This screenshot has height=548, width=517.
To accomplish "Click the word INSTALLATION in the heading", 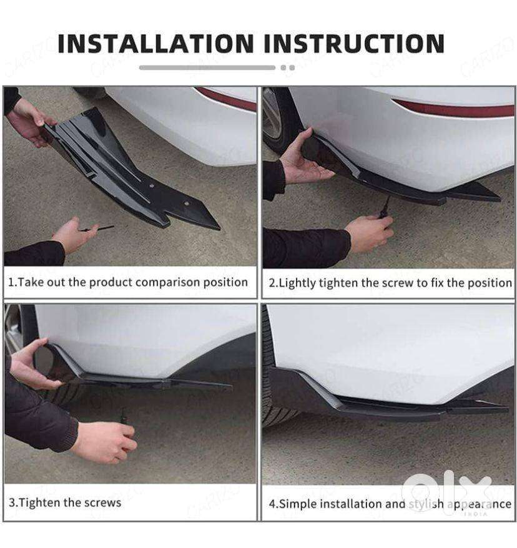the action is tap(155, 44).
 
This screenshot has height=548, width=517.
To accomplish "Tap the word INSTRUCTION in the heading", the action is tap(354, 44).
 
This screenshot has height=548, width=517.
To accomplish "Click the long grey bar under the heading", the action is tap(207, 67).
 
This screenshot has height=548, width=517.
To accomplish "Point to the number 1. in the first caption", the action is tap(12, 282).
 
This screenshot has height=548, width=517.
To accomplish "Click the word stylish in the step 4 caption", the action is tap(426, 504).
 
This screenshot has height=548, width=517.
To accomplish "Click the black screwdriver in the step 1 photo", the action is tap(97, 229).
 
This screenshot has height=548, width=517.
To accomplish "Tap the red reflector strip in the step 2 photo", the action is tap(453, 108).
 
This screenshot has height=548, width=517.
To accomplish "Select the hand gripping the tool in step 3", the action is tap(104, 442).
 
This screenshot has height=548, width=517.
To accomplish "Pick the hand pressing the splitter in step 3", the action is tap(32, 365).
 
